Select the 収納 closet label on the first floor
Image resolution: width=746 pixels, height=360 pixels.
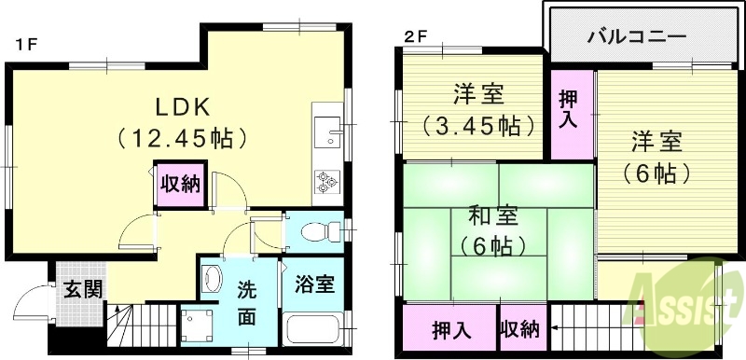pos(178,184)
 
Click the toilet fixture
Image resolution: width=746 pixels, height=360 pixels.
pos(314,229)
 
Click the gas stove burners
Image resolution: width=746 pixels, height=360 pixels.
pos(327,180)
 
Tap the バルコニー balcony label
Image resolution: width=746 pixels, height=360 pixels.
pos(639,37)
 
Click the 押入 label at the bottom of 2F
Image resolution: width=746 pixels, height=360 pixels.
pos(451,329)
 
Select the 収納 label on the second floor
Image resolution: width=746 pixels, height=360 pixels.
pos(519,329)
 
